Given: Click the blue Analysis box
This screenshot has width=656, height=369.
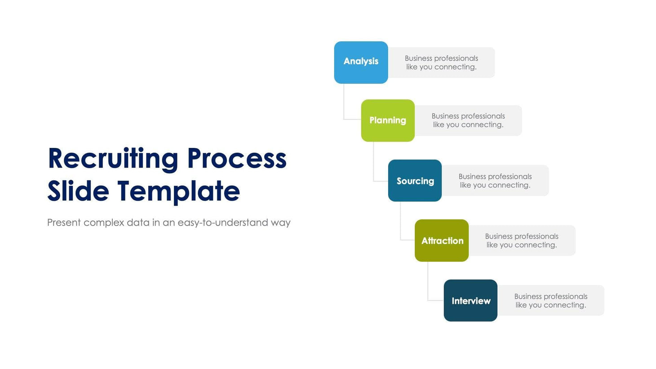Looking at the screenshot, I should point(361,62).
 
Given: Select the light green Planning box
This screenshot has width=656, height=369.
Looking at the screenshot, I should point(388,120).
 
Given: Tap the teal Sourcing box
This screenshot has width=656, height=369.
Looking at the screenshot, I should point(415,181).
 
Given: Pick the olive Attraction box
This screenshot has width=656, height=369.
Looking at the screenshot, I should point(442,240).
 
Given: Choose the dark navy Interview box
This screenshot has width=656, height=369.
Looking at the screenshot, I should point(470,300).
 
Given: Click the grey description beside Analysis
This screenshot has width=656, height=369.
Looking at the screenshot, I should point(441,62).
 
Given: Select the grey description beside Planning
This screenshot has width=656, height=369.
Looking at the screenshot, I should point(468,120).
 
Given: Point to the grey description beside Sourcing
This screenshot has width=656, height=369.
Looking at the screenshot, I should point(495,181).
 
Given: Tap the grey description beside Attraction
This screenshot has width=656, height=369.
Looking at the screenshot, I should point(522,240).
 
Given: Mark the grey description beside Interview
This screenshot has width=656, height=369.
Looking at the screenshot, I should point(551,301).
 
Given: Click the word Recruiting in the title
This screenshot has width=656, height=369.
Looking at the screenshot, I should point(113,159).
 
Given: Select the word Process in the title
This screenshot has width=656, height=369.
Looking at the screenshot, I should point(236,159).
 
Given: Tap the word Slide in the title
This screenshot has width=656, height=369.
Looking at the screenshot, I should point(78,191).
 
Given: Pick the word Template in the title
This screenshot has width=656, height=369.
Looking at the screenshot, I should point(178,191).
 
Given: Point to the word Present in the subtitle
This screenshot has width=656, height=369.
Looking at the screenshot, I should point(64,222).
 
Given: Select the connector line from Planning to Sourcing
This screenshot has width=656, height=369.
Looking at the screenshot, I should point(373,162).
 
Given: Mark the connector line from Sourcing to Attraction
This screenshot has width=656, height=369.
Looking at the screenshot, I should point(400,222).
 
